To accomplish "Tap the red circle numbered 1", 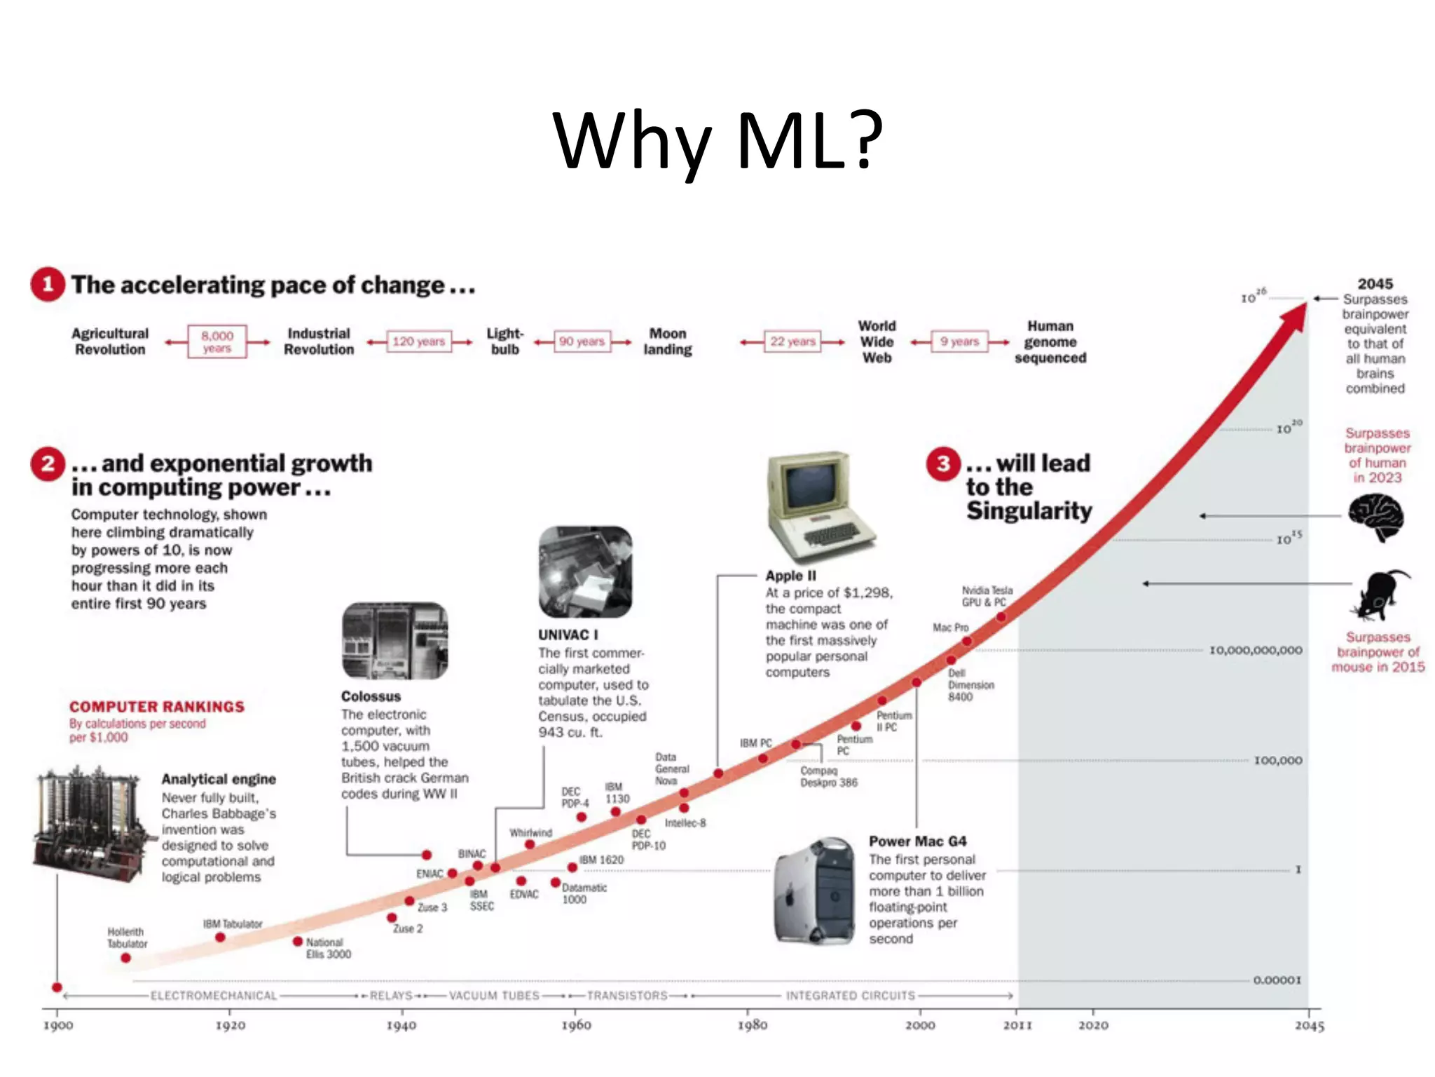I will pyautogui.click(x=48, y=285).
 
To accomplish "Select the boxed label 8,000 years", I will pyautogui.click(x=217, y=341).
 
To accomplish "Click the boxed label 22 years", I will pyautogui.click(x=792, y=341).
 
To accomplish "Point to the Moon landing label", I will pyautogui.click(x=667, y=341).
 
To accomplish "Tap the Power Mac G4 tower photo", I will pyautogui.click(x=816, y=890).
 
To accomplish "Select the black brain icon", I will pyautogui.click(x=1376, y=517).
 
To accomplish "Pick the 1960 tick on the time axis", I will pyautogui.click(x=575, y=1024).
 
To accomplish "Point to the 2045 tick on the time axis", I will pyautogui.click(x=1308, y=1025).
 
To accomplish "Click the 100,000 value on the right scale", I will pyautogui.click(x=1277, y=761).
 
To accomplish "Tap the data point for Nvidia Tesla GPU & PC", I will pyautogui.click(x=1001, y=617).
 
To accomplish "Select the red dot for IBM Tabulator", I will pyautogui.click(x=220, y=937).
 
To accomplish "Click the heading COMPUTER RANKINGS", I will pyautogui.click(x=157, y=707).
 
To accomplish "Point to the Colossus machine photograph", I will pyautogui.click(x=394, y=641).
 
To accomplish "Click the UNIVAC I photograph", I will pyautogui.click(x=585, y=572).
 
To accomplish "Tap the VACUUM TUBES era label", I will pyautogui.click(x=494, y=996).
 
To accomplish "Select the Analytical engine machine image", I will pyautogui.click(x=91, y=820).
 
